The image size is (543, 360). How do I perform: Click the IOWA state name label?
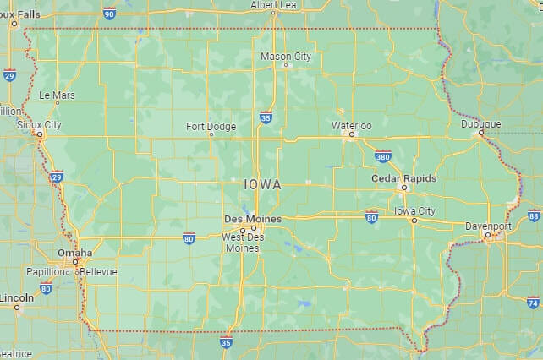point(262,183)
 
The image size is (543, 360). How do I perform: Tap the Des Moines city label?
point(244,218)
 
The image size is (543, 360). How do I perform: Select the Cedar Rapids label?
point(404,178)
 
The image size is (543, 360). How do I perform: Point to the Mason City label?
point(285,56)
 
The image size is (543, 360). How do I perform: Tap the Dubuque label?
point(480,123)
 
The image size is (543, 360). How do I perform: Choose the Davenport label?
point(487,226)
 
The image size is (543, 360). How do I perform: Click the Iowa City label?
point(414,210)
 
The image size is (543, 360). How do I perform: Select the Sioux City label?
point(39,124)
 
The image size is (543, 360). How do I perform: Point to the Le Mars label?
point(57,95)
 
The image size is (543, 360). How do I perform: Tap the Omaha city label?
point(74,253)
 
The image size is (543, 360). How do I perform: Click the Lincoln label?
point(17,297)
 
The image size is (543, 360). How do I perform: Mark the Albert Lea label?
point(274,5)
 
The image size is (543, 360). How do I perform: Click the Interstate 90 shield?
point(109,13)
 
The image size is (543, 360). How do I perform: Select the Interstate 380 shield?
point(382,156)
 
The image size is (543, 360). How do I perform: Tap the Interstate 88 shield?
point(534,215)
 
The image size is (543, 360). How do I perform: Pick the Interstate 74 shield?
point(532,302)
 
